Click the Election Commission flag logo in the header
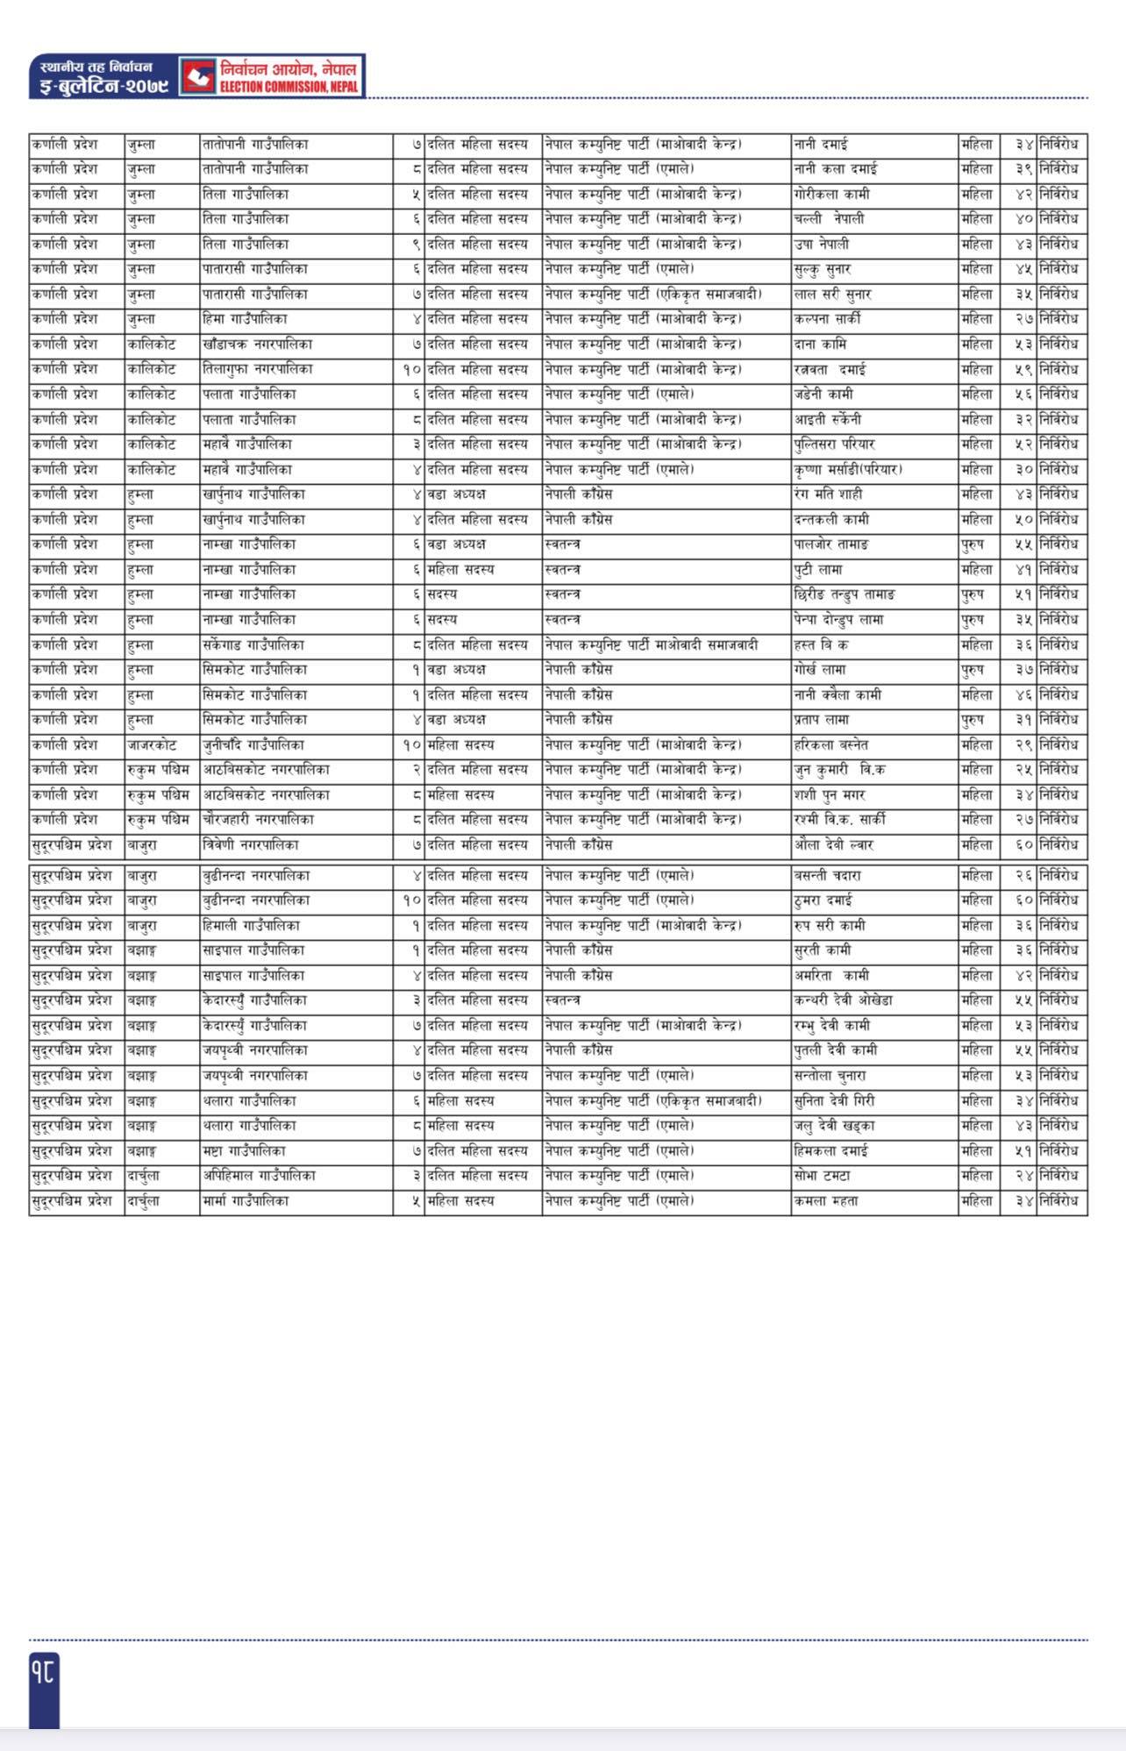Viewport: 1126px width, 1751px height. [x=198, y=76]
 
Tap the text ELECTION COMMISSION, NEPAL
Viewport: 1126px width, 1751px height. [x=289, y=87]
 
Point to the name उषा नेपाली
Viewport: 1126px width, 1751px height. [x=821, y=244]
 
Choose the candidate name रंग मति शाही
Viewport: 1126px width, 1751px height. [x=826, y=495]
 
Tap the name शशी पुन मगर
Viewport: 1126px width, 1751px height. [x=829, y=795]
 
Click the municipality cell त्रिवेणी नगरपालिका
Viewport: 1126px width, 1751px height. [x=250, y=845]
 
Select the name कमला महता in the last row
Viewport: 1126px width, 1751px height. [x=825, y=1201]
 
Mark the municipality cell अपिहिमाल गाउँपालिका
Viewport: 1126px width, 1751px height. [x=258, y=1176]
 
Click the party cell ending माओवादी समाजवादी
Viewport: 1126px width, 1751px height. [x=651, y=645]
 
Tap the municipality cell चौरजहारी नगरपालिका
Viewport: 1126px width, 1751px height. [x=257, y=820]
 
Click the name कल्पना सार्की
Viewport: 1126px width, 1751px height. [x=827, y=319]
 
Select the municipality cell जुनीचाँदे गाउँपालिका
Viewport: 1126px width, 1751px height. [x=253, y=745]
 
